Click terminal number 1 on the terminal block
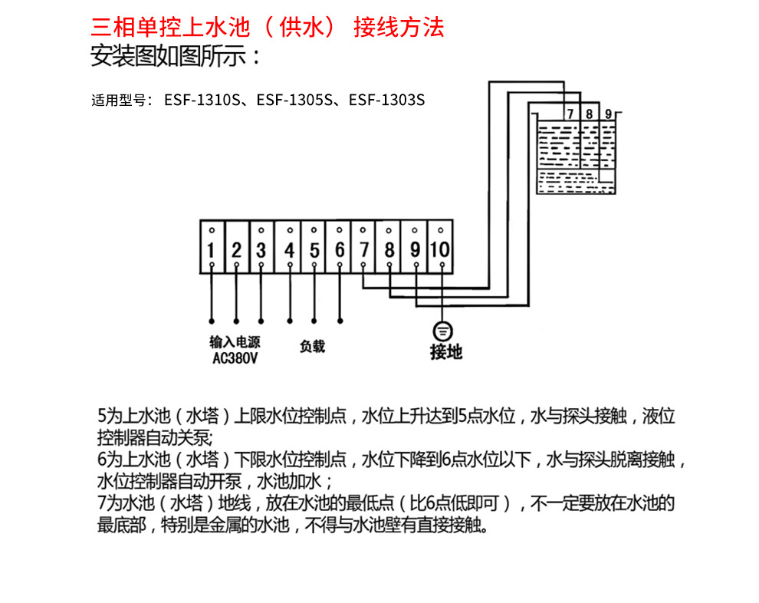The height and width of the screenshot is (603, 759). point(211,250)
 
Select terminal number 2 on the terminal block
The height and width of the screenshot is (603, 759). point(236,250)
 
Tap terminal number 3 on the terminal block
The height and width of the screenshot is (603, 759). point(261,250)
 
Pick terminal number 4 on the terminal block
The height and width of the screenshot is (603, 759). point(289,250)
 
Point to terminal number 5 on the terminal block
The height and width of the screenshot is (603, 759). point(314,250)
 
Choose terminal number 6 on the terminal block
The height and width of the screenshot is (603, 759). point(340,250)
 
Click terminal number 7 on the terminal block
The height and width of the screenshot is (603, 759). point(364,250)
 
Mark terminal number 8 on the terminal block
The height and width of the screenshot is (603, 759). point(389,250)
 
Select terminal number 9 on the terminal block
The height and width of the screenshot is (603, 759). point(415,250)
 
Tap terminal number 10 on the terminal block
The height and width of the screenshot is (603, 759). point(440,250)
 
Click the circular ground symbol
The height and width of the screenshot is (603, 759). point(443,331)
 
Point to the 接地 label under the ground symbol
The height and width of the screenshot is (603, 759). point(446,352)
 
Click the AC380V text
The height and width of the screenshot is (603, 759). point(234,357)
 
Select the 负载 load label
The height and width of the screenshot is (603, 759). point(312,347)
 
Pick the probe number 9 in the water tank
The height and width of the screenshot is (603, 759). point(608,114)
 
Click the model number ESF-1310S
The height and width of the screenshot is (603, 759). point(203,100)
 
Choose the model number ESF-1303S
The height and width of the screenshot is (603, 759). point(386,100)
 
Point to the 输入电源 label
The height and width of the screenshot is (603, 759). point(234,342)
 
